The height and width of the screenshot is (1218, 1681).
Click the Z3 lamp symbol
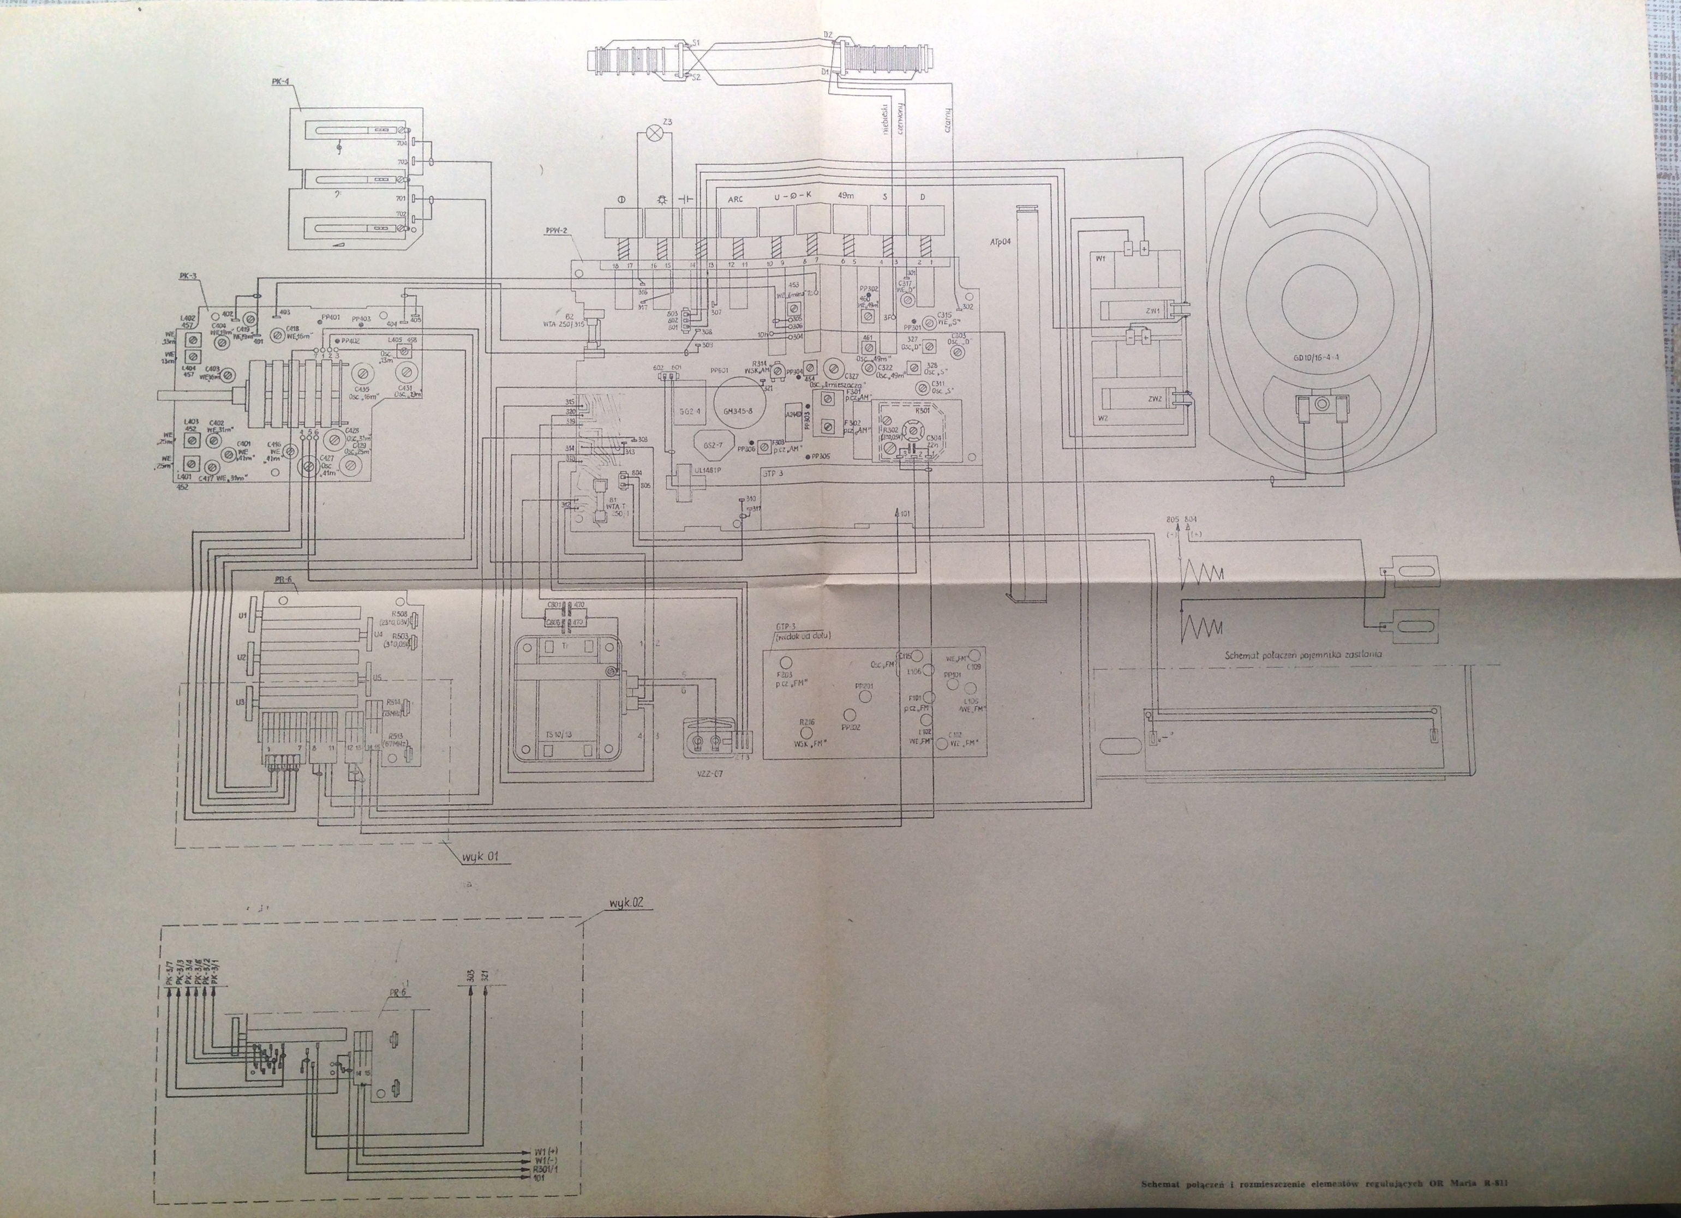655,133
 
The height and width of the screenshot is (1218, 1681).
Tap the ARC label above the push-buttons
735,199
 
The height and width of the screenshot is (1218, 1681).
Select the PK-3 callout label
188,275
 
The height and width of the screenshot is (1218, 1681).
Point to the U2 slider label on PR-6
242,657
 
